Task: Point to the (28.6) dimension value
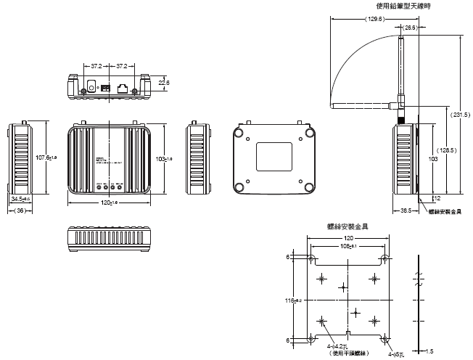pos(410,27)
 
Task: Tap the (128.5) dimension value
pos(448,150)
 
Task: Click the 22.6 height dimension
pos(164,83)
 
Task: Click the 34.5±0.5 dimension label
pos(20,197)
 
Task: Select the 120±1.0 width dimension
pos(109,203)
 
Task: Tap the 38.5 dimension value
pos(406,210)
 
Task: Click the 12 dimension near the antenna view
pos(436,197)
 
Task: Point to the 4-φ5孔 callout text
pos(398,353)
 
